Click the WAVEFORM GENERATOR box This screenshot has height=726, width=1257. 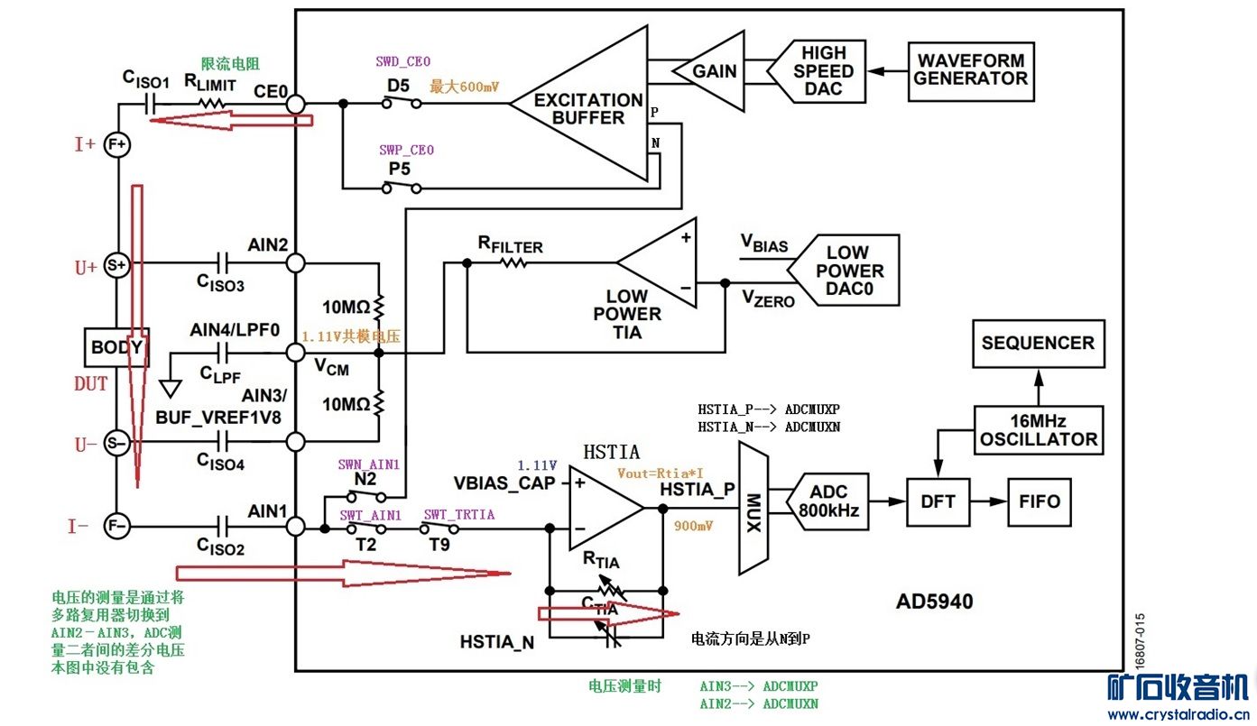[971, 71]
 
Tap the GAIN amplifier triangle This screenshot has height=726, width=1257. [713, 71]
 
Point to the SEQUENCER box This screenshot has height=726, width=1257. [1038, 344]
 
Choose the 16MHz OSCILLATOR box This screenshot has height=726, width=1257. [1039, 430]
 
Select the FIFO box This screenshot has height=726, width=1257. [1040, 502]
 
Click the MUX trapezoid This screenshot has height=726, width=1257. [753, 509]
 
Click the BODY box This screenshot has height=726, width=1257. [116, 347]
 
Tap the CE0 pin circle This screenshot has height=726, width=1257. [295, 105]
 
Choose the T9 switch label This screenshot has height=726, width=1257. [439, 546]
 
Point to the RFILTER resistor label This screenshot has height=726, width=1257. [511, 245]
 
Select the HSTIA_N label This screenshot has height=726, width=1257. [497, 642]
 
